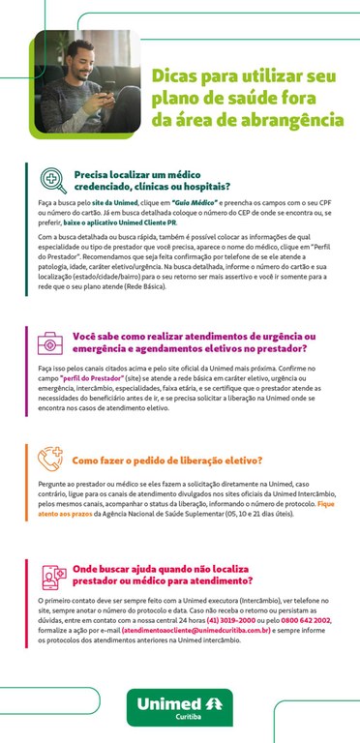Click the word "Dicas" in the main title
coord(176,75)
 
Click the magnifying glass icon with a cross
coord(52,179)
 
